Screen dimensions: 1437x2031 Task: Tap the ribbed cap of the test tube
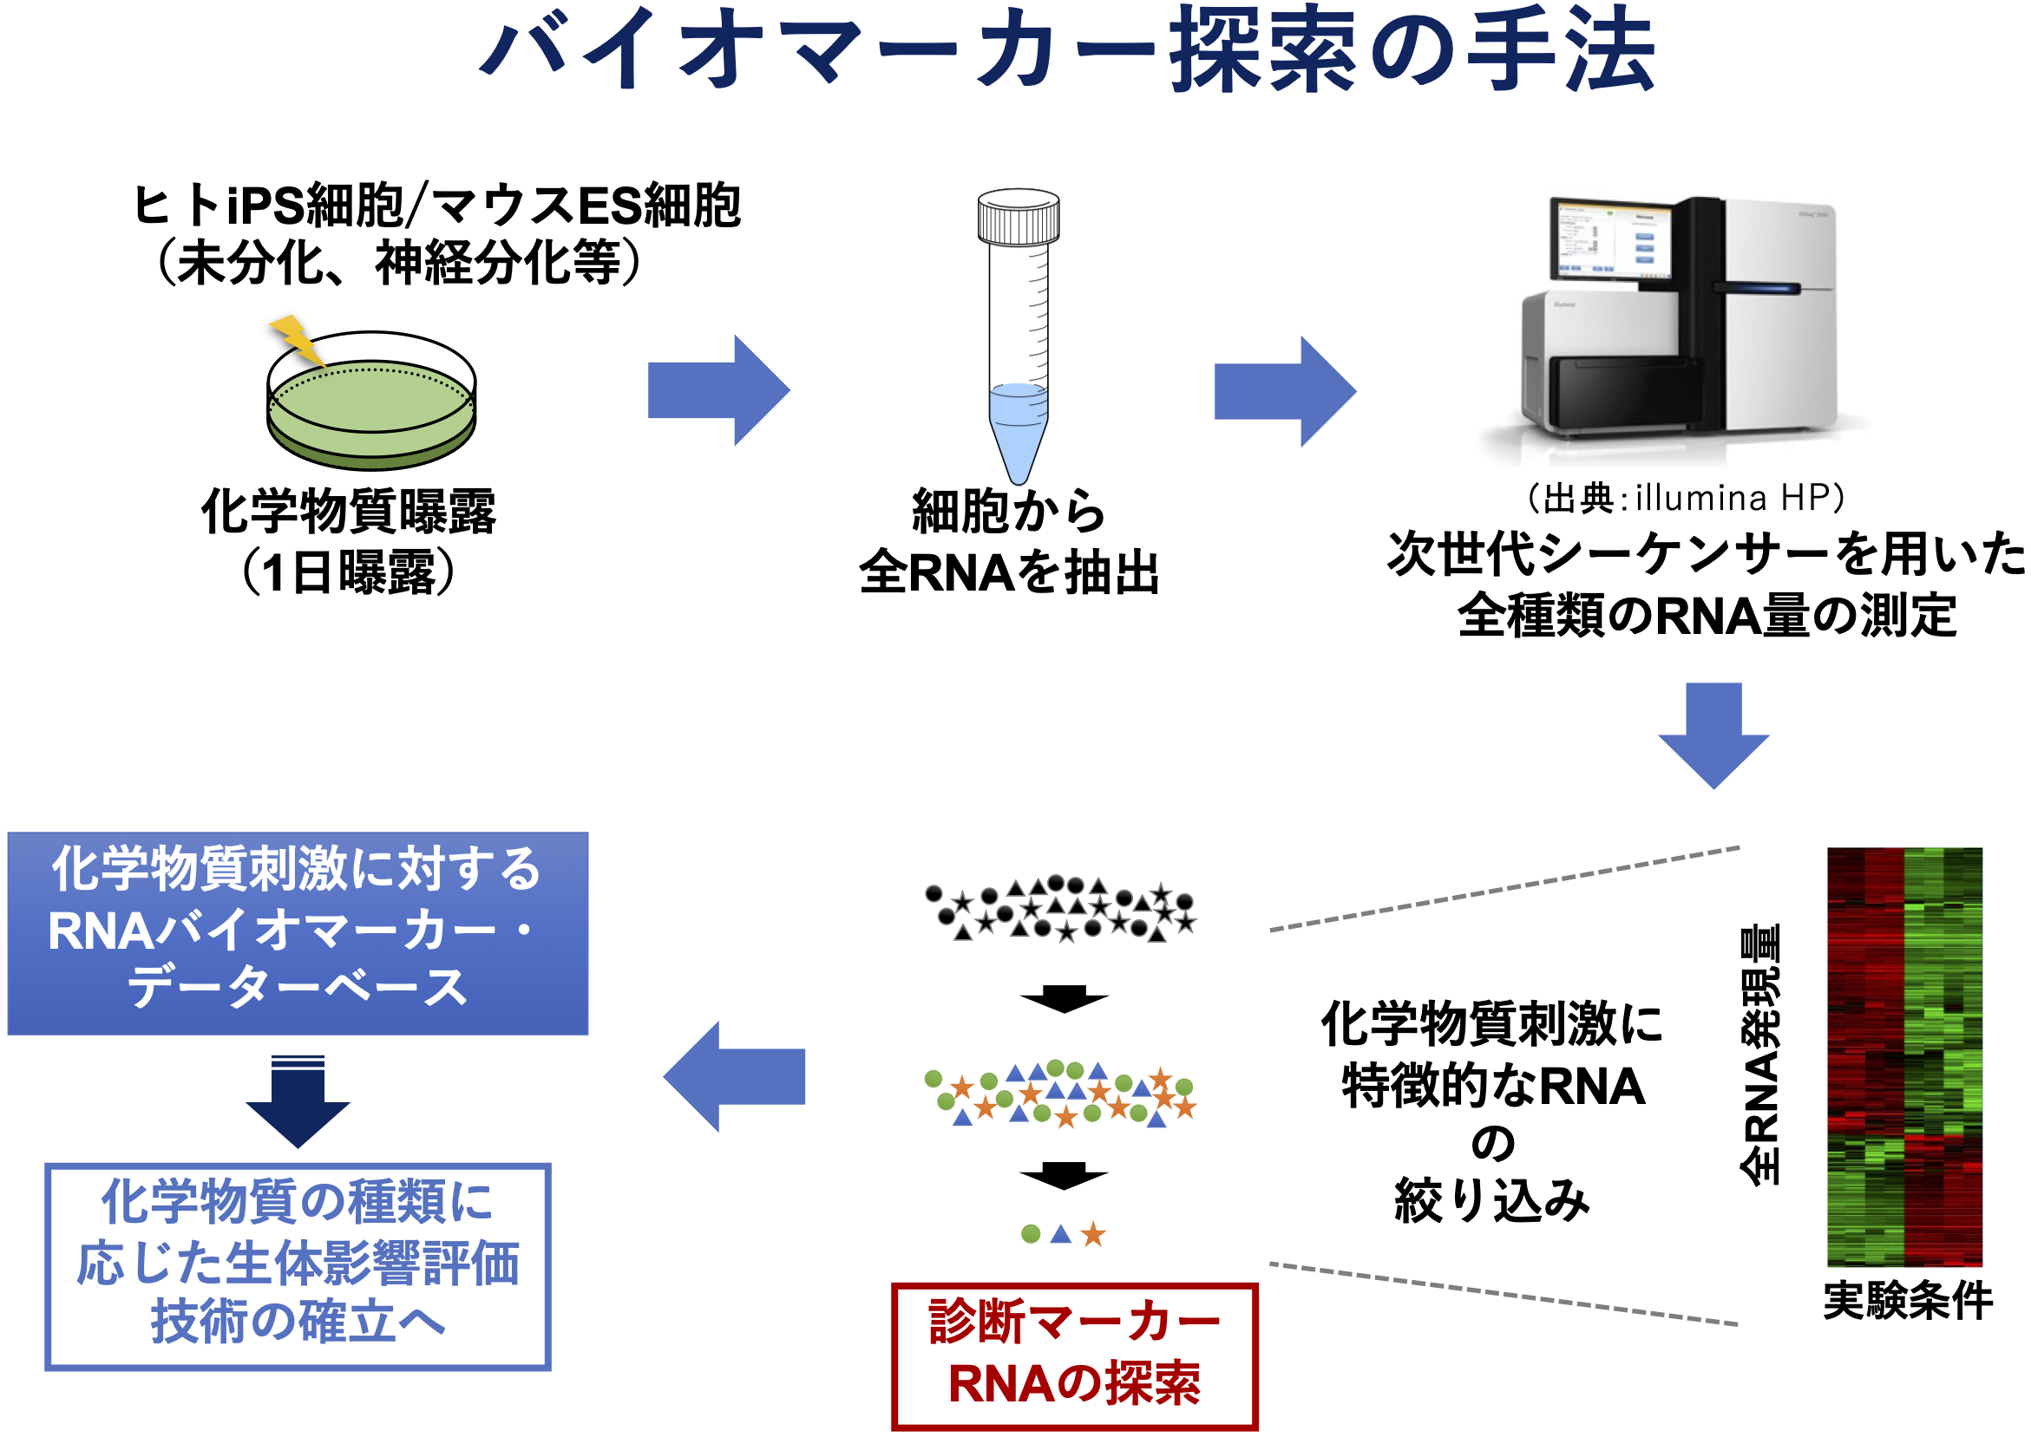[1018, 217]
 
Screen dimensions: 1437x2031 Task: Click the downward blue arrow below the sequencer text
[1713, 735]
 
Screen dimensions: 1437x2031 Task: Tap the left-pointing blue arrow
[735, 1076]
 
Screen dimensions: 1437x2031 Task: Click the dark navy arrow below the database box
[298, 1101]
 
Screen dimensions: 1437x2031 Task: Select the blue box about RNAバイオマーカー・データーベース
[298, 932]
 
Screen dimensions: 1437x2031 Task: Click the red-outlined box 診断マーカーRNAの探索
[1073, 1355]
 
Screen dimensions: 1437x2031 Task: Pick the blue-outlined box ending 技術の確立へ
[298, 1266]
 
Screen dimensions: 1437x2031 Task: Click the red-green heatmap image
[1904, 1057]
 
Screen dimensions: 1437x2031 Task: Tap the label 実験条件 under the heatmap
[1908, 1301]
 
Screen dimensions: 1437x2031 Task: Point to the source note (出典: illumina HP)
[1686, 498]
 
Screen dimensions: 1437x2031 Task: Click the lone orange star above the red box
[1094, 1233]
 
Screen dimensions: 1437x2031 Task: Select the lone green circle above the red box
[1030, 1233]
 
